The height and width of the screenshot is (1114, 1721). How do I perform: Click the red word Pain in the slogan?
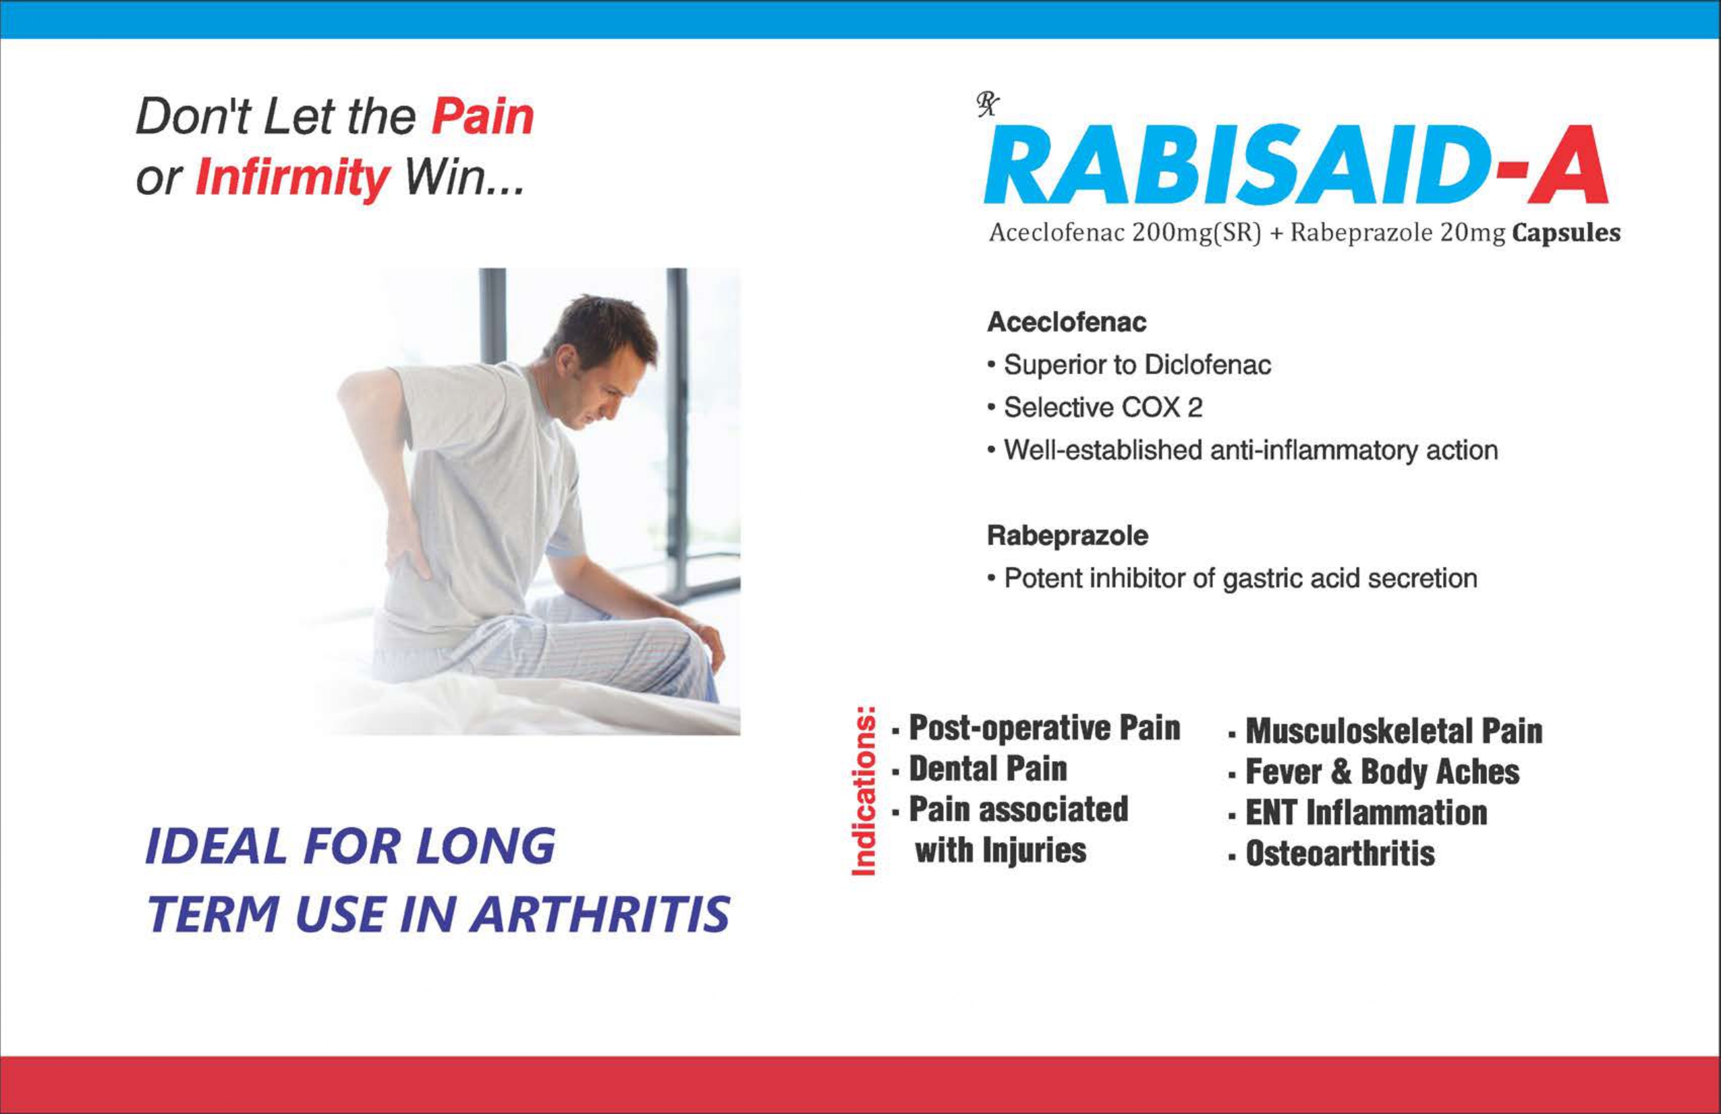482,117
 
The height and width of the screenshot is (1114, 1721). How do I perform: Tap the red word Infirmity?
293,178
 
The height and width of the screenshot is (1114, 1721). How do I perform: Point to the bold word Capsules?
1567,233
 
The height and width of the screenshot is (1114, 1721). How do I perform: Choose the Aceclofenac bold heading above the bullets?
1067,322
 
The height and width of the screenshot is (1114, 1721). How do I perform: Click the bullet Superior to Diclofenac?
1129,364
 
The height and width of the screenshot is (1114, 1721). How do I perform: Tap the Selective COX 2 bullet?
1095,408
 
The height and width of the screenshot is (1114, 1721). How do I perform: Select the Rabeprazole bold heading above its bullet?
1067,535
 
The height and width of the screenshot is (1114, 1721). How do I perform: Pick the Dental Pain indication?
980,769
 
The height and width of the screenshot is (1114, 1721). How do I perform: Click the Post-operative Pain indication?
1036,728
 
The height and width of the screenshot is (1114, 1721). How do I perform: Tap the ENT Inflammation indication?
1357,812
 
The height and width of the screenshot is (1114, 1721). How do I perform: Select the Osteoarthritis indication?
1331,854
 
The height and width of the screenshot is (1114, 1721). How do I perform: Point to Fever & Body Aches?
1374,772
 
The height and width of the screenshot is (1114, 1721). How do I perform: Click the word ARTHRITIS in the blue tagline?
600,914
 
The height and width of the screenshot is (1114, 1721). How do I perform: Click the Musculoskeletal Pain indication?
1386,731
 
